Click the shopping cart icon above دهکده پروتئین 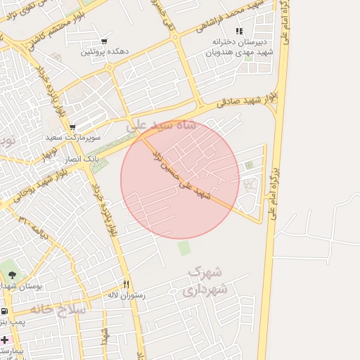pos(105,41)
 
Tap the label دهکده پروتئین pos(105,52)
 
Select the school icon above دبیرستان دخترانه pos(239,31)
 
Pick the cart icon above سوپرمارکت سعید pos(72,127)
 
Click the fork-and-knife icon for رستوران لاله pos(127,284)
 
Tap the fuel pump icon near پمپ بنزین pos(5,311)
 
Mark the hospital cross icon pos(5,340)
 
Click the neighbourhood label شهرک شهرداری pos(208,281)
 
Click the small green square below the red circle pos(184,248)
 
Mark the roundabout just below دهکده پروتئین pos(110,67)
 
